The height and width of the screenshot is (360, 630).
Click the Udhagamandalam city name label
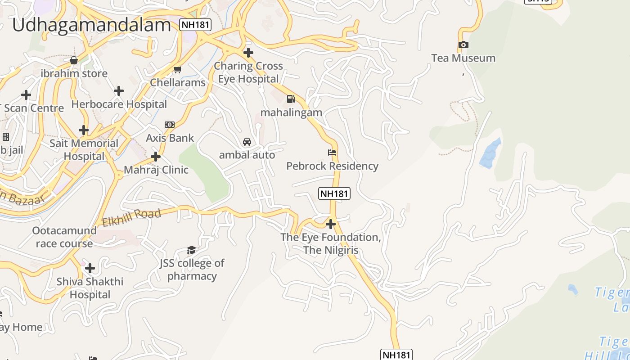tap(91, 25)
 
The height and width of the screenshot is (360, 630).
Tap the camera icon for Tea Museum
tap(463, 45)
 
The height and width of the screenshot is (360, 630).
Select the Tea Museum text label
tap(463, 58)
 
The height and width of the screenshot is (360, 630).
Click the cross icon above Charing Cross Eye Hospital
tap(248, 53)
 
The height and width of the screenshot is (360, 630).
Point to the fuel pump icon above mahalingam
tap(291, 99)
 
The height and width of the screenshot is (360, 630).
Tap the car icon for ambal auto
tap(247, 142)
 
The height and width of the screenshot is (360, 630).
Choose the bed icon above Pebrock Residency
tap(332, 153)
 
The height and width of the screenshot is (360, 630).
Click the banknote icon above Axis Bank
tap(170, 125)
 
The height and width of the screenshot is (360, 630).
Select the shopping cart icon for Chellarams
tap(177, 69)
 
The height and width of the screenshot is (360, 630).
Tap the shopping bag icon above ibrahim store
tap(74, 60)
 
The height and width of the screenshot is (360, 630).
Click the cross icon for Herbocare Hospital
tap(119, 91)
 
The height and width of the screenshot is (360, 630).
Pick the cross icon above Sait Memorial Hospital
tap(84, 130)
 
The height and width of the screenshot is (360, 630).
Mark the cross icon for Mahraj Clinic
tap(156, 157)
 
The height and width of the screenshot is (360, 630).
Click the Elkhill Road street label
tap(131, 218)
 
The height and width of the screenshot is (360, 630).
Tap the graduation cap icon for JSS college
tap(192, 250)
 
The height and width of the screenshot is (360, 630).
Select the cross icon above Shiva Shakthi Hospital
tap(90, 268)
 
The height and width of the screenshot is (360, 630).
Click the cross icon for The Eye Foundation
tap(331, 224)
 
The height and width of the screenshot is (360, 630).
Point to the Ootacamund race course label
tap(64, 237)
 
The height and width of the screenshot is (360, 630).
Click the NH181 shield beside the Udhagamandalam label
tap(195, 24)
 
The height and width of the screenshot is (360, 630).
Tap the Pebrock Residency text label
tap(332, 166)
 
